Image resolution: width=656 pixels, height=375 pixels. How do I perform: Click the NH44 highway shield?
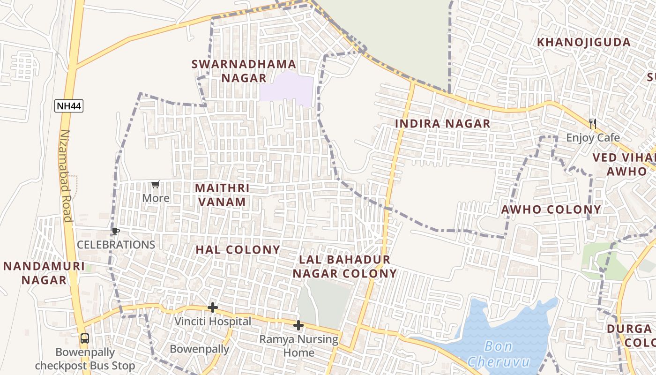pyautogui.click(x=69, y=106)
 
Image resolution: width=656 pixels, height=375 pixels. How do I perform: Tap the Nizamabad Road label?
pyautogui.click(x=66, y=176)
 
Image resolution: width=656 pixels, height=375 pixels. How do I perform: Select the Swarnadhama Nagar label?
pyautogui.click(x=244, y=71)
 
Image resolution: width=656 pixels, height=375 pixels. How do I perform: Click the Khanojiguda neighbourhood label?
pyautogui.click(x=584, y=42)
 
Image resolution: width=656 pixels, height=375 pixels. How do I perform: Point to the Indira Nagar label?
pyautogui.click(x=442, y=124)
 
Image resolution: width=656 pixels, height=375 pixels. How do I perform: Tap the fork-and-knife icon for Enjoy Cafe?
pyautogui.click(x=593, y=124)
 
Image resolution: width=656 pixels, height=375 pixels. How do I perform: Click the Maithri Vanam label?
pyautogui.click(x=222, y=195)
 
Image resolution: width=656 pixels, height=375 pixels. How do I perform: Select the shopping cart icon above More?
pyautogui.click(x=156, y=185)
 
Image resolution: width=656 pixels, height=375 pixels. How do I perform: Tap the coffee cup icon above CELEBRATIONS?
pyautogui.click(x=115, y=232)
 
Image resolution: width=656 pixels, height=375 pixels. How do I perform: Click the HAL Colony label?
pyautogui.click(x=238, y=250)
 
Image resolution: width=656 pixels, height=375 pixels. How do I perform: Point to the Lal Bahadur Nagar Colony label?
pyautogui.click(x=344, y=266)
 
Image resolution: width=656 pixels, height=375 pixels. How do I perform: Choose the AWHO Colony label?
pyautogui.click(x=551, y=210)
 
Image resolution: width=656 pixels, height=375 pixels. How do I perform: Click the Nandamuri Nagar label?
pyautogui.click(x=44, y=273)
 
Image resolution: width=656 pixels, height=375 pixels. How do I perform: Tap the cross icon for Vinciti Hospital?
pyautogui.click(x=213, y=308)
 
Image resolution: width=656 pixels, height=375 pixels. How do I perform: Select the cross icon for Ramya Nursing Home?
pyautogui.click(x=298, y=325)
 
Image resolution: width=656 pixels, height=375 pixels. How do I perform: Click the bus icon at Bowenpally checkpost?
pyautogui.click(x=85, y=338)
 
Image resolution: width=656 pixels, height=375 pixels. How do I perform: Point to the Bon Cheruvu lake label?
pyautogui.click(x=499, y=354)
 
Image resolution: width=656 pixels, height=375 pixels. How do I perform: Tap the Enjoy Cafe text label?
pyautogui.click(x=593, y=138)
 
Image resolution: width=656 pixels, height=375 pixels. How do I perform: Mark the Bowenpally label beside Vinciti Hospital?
pyautogui.click(x=199, y=349)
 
